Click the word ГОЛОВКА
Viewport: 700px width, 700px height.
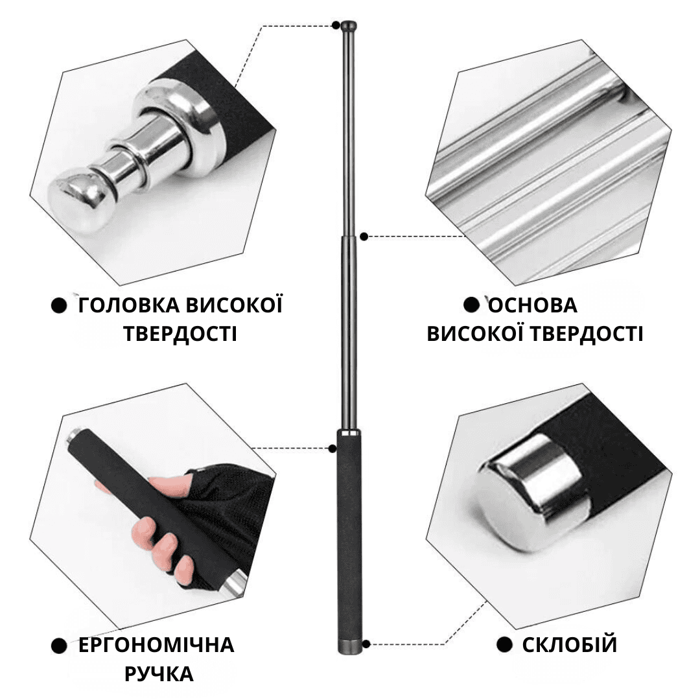[x=128, y=305]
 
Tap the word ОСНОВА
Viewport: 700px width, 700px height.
[x=533, y=305]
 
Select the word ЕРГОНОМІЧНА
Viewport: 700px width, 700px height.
[x=156, y=645]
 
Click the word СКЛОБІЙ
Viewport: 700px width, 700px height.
[x=570, y=645]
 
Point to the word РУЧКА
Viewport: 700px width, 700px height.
[x=159, y=674]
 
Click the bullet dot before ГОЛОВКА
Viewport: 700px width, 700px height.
[x=59, y=306]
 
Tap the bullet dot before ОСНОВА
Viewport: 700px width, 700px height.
[x=471, y=305]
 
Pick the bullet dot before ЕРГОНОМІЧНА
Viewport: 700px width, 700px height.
[x=59, y=646]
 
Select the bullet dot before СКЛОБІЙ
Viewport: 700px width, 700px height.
[x=504, y=645]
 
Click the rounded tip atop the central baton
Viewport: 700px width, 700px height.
[x=349, y=25]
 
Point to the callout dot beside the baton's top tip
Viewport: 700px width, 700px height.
[x=336, y=25]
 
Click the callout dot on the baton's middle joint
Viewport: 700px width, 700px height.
[x=364, y=237]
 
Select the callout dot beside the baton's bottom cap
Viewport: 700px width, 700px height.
[x=366, y=644]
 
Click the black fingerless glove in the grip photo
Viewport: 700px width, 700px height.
[x=223, y=513]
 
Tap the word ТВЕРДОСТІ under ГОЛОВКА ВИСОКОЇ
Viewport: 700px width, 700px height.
[x=180, y=334]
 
